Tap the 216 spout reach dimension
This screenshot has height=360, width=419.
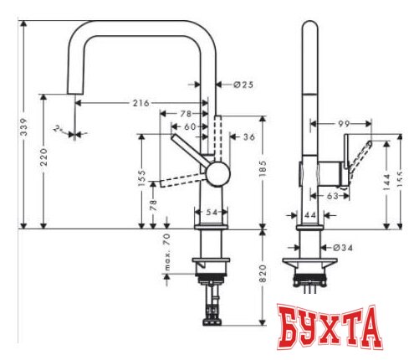click(141, 103)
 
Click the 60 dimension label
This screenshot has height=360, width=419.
click(191, 126)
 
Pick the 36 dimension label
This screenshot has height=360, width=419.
click(248, 137)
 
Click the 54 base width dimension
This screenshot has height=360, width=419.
click(212, 213)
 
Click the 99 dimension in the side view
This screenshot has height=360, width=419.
click(343, 124)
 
